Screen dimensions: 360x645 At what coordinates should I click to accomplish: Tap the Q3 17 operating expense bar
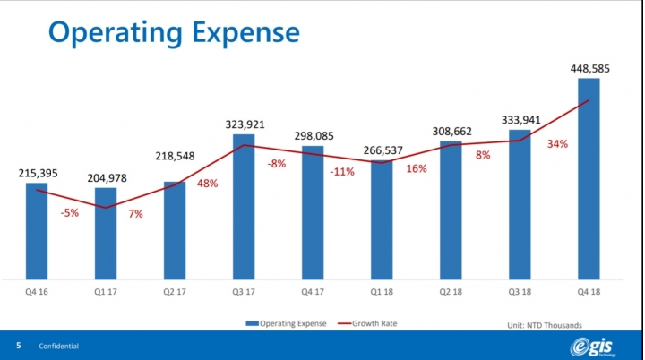point(244,206)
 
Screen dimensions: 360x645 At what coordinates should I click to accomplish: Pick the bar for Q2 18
point(451,210)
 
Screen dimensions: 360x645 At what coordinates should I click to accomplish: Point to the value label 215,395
point(37,171)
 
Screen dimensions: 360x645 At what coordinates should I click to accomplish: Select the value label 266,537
point(382,149)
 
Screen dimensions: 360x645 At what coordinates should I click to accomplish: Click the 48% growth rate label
point(208,184)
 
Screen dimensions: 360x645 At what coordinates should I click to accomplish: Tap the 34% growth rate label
point(558,143)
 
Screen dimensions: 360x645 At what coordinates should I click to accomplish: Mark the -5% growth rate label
point(69,212)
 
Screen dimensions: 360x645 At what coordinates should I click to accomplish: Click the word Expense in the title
point(241,32)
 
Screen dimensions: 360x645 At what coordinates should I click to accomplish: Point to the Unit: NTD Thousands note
point(544,323)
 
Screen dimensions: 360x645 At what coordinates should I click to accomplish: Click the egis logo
point(598,347)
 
